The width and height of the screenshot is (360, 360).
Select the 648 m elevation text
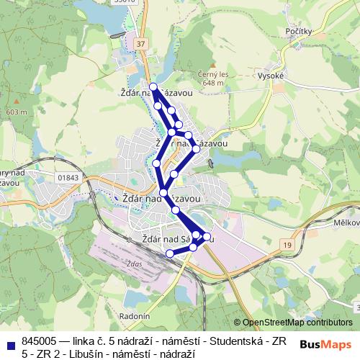pyautogui.click(x=213, y=83)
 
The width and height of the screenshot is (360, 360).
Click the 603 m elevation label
pyautogui.click(x=16, y=112)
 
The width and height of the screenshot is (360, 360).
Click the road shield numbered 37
pyautogui.click(x=142, y=45)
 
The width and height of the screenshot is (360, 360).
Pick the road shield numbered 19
pyautogui.click(x=287, y=246)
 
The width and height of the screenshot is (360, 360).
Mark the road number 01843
pyautogui.click(x=69, y=177)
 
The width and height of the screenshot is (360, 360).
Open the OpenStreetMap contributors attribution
pyautogui.click(x=297, y=323)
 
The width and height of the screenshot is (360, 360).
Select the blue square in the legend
pyautogui.click(x=11, y=343)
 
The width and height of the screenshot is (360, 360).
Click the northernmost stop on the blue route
pyautogui.click(x=153, y=86)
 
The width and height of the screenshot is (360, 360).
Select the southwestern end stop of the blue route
pyautogui.click(x=170, y=253)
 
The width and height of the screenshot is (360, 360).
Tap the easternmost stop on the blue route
pyautogui.click(x=207, y=236)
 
